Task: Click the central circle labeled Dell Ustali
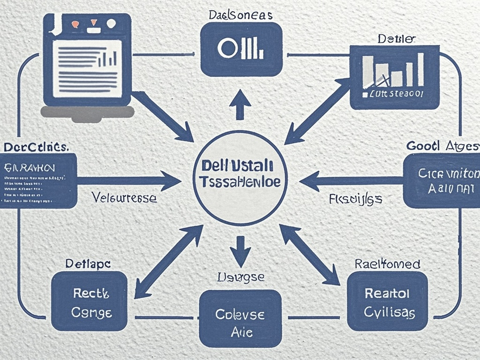pos(240,177)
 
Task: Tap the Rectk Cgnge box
pos(89,301)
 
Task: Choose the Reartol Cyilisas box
pos(387,301)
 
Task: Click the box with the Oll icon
pos(241,49)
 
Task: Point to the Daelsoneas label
pos(240,15)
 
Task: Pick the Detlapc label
pos(88,264)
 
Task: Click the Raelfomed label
pos(387,264)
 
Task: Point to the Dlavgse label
pos(240,277)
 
